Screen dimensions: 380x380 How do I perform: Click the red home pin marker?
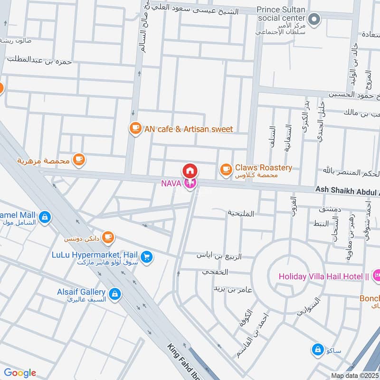(190, 171)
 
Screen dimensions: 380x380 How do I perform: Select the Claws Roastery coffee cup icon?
(226, 168)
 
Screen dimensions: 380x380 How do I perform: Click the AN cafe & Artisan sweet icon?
(135, 128)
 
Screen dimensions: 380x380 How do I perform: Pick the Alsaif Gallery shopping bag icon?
(114, 294)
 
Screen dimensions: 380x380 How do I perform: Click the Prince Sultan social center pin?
(313, 19)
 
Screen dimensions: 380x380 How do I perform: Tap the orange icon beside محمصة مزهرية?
(79, 160)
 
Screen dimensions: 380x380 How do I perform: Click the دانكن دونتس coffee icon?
(108, 236)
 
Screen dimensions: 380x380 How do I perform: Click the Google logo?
(19, 373)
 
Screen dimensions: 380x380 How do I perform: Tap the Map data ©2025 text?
(354, 375)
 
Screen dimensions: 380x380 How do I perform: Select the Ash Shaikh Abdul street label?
(347, 190)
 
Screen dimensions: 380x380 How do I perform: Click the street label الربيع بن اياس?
(219, 256)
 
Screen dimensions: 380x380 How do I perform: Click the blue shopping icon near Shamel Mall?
(44, 217)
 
